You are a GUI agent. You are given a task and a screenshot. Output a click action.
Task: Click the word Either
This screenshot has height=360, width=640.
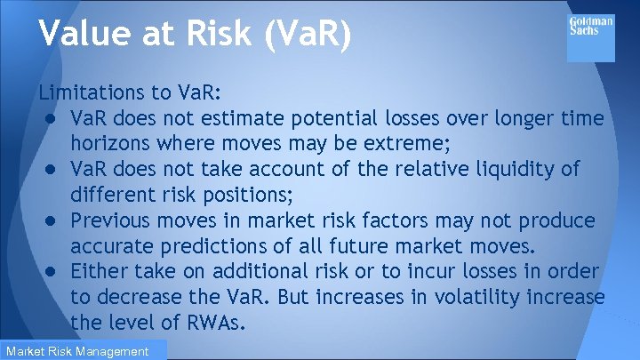click(100, 270)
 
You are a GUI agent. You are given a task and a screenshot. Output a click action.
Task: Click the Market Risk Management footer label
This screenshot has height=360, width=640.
click(78, 351)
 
